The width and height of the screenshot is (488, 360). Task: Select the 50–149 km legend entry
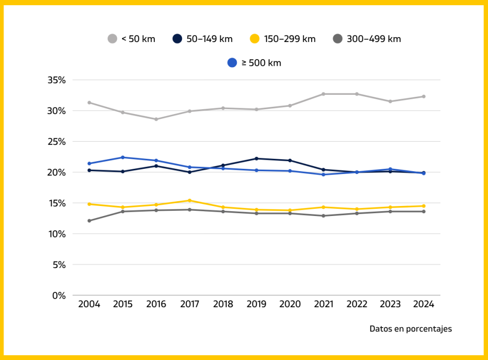pyautogui.click(x=203, y=39)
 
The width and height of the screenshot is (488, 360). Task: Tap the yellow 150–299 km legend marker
pyautogui.click(x=255, y=39)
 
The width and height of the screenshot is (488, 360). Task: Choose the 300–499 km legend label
pyautogui.click(x=374, y=39)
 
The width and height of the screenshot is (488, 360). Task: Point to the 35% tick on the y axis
pyautogui.click(x=56, y=80)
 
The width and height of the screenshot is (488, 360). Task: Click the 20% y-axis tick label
pyautogui.click(x=56, y=173)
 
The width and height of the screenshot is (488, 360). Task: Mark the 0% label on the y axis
pyautogui.click(x=59, y=296)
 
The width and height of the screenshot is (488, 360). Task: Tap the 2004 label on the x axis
pyautogui.click(x=89, y=305)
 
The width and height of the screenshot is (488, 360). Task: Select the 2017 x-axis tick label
pyautogui.click(x=190, y=305)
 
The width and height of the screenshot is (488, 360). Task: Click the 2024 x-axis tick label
pyautogui.click(x=423, y=305)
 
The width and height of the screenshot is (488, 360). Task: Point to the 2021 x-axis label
pyautogui.click(x=323, y=305)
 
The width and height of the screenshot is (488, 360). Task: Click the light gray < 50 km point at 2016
pyautogui.click(x=156, y=119)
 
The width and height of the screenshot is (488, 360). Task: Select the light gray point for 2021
pyautogui.click(x=323, y=94)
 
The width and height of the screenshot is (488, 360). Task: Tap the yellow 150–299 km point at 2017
pyautogui.click(x=190, y=201)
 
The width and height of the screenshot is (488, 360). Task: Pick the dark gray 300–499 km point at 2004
pyautogui.click(x=89, y=221)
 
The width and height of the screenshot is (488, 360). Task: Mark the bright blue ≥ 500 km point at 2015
pyautogui.click(x=123, y=157)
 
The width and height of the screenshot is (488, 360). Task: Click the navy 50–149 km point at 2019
pyautogui.click(x=256, y=159)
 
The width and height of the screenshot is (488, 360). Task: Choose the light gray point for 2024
pyautogui.click(x=423, y=96)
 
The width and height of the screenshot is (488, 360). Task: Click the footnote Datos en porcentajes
pyautogui.click(x=410, y=329)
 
